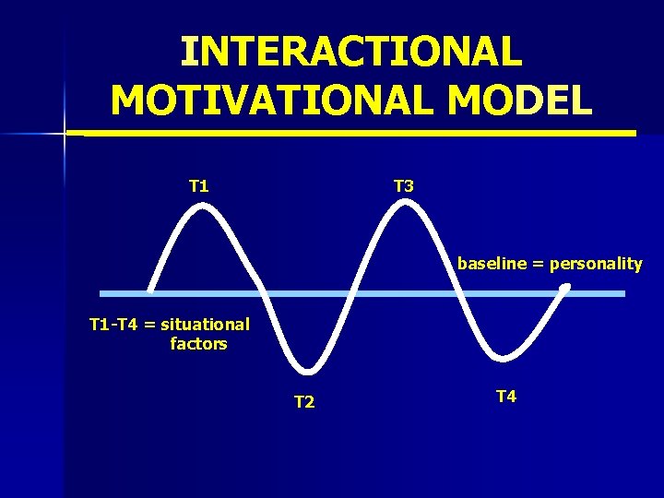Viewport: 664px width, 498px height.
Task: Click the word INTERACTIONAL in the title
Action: coord(350,52)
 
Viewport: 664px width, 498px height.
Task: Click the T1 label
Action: coord(198,186)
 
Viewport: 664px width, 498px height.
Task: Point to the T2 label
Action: coord(304,402)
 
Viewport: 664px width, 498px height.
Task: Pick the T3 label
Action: coord(404,186)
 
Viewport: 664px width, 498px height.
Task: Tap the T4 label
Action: coord(506,397)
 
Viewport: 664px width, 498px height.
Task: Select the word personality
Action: coord(596,264)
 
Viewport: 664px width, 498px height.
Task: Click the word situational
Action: coord(204,325)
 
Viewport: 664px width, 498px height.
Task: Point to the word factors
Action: coord(198,344)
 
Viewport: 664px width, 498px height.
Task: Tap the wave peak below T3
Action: coord(404,205)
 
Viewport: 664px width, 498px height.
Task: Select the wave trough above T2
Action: coord(304,385)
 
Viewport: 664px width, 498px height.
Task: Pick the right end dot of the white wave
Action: coord(565,288)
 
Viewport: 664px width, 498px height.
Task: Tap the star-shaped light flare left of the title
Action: coord(65,134)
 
